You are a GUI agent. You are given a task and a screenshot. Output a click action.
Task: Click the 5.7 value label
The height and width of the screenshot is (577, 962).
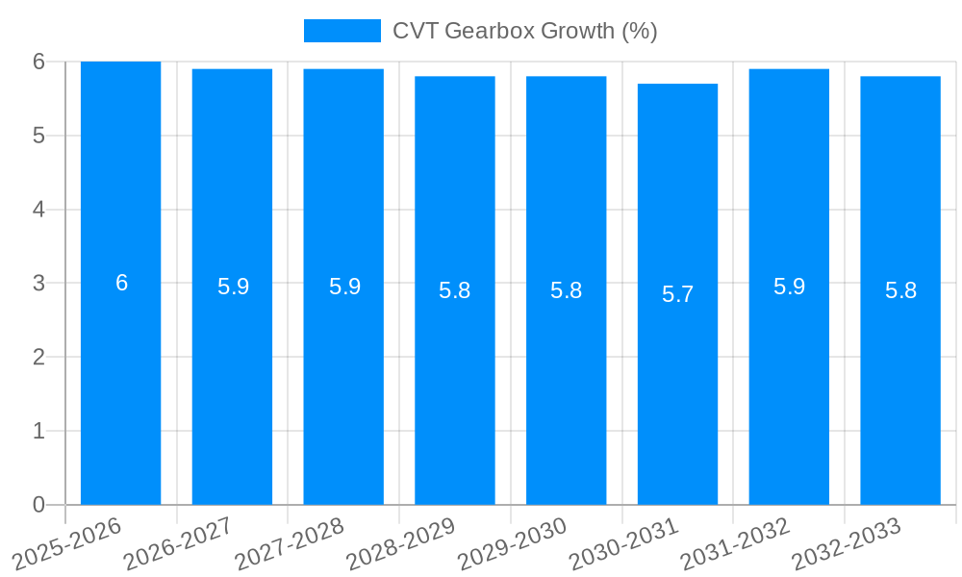pos(677,294)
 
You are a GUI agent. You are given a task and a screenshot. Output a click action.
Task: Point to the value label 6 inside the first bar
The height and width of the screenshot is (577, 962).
pos(121,283)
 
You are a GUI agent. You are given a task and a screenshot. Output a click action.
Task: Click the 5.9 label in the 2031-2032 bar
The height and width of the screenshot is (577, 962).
pos(789,287)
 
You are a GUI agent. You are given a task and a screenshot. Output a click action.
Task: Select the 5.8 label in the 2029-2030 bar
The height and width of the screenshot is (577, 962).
pos(566,290)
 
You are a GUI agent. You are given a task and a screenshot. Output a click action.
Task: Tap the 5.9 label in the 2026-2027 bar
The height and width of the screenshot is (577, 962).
pos(233,287)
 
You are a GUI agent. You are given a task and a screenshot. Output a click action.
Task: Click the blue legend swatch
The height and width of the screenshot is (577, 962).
pos(342,31)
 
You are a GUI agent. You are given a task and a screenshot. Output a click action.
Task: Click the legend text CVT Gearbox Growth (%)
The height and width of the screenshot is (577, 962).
pos(524,31)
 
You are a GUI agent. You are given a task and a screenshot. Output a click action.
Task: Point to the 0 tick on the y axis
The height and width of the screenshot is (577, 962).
pos(38,505)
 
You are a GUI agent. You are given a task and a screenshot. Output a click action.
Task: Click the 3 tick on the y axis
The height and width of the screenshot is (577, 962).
pos(38,283)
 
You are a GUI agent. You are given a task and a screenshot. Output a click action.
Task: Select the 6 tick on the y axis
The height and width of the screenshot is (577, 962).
pos(38,62)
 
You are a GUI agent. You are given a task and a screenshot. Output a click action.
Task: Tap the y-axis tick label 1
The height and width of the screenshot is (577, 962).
pos(38,431)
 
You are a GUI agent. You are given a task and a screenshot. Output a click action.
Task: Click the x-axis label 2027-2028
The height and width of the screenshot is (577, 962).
pos(290,543)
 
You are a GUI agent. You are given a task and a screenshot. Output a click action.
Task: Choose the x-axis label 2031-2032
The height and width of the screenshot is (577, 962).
pos(735,543)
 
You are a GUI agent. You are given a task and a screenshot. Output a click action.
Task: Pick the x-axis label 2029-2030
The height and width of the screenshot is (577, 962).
pos(513,543)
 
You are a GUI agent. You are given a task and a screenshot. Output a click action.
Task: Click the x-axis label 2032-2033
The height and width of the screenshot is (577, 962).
pos(847,543)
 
